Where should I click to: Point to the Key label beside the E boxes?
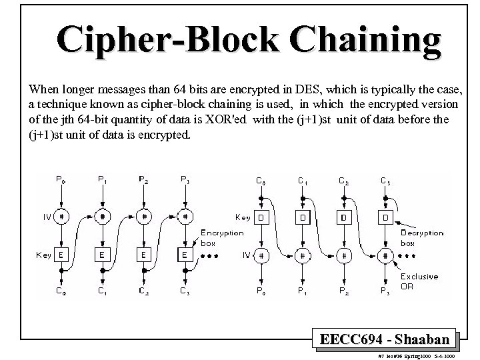coord(43,255)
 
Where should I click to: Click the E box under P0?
coord(61,255)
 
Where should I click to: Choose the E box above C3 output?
coord(185,255)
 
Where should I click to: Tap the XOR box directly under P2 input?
coord(144,216)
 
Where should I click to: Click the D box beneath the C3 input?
coord(384,217)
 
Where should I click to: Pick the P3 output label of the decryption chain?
coord(384,291)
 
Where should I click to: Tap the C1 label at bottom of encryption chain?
coord(103,291)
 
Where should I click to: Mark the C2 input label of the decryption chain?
coord(343,180)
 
